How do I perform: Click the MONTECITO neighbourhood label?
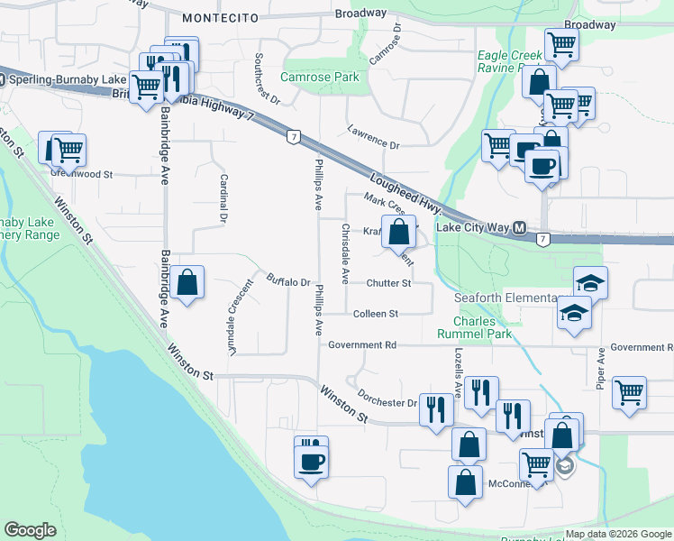[220, 17]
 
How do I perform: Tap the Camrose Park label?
[320, 77]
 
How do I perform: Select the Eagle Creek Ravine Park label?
[510, 61]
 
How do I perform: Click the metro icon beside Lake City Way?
[520, 229]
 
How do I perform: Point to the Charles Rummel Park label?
[483, 326]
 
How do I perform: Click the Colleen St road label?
[376, 314]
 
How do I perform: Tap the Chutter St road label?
[388, 283]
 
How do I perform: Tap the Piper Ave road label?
[600, 365]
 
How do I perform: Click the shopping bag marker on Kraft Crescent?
[398, 233]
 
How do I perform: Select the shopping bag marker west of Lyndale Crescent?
[187, 282]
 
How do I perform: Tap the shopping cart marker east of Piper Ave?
[629, 391]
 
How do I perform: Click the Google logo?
[31, 530]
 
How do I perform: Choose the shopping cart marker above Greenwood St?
[68, 147]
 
